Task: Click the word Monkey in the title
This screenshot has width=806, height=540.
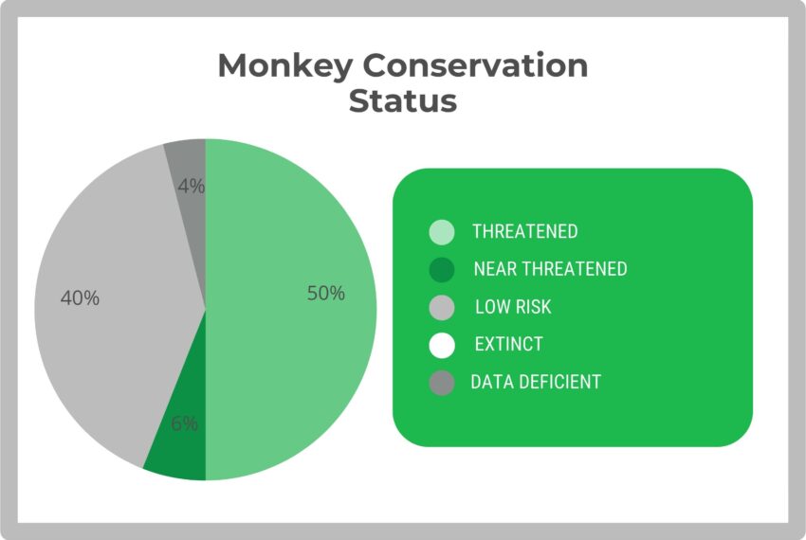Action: [284, 66]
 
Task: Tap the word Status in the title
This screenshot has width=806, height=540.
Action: [402, 100]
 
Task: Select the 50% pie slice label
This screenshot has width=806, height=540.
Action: [325, 294]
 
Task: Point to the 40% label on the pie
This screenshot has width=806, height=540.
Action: [80, 297]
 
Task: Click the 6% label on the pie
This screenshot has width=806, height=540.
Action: [184, 424]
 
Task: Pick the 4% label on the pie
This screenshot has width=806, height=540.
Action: [191, 187]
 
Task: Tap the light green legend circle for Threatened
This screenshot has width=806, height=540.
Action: [442, 232]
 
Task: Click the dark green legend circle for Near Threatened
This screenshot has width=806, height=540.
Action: [442, 270]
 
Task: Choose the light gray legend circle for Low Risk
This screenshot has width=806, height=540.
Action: [442, 308]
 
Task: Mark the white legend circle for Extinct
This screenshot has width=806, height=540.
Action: [442, 345]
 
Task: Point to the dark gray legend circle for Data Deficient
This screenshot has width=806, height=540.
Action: [442, 383]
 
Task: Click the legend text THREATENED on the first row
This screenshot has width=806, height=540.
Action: [524, 232]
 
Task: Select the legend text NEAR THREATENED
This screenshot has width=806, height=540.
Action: [550, 269]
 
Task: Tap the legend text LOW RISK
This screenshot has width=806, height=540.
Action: [513, 307]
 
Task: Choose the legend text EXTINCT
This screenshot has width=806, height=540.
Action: [508, 344]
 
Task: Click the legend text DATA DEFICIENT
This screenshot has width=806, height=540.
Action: [536, 382]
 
